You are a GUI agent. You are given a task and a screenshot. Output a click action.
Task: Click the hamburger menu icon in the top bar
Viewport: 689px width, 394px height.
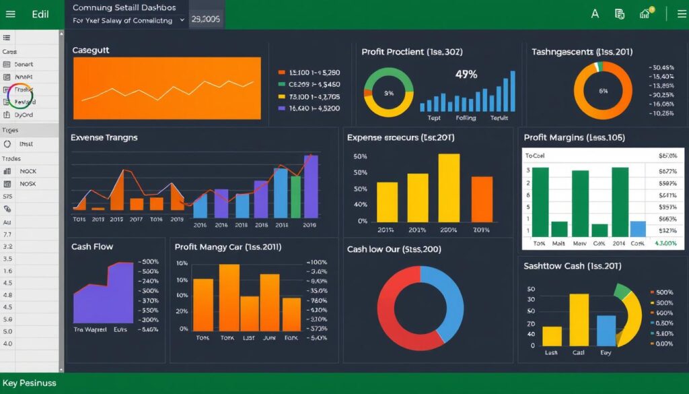coord(11,14)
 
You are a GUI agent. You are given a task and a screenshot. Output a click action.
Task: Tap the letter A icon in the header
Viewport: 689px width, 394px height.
coord(594,13)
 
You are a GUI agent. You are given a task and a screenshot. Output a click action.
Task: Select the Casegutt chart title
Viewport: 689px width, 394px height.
coord(91,51)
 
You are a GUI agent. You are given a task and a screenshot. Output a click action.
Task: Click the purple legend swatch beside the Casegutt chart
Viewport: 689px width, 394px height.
coord(282,108)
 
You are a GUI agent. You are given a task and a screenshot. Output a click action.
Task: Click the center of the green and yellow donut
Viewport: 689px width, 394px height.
coord(388,92)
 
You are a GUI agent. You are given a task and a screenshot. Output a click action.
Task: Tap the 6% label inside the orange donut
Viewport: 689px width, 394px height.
coord(603,91)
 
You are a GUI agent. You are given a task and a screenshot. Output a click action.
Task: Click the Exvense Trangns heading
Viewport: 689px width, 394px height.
coord(104,137)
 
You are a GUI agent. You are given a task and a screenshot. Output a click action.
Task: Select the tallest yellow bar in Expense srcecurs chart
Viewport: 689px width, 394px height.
coord(449,188)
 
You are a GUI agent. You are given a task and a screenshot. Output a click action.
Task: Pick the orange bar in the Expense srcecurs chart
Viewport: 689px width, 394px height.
coord(482,199)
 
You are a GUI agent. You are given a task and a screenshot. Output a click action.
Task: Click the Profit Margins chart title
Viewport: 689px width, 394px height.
coord(574,137)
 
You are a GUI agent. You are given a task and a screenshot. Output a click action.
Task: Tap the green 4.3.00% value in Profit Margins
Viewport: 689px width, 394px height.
coord(664,243)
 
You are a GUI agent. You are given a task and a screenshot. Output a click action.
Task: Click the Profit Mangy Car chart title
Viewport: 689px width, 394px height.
coord(227,247)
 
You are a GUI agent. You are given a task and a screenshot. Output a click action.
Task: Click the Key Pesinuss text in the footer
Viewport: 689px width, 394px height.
coord(30,383)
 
